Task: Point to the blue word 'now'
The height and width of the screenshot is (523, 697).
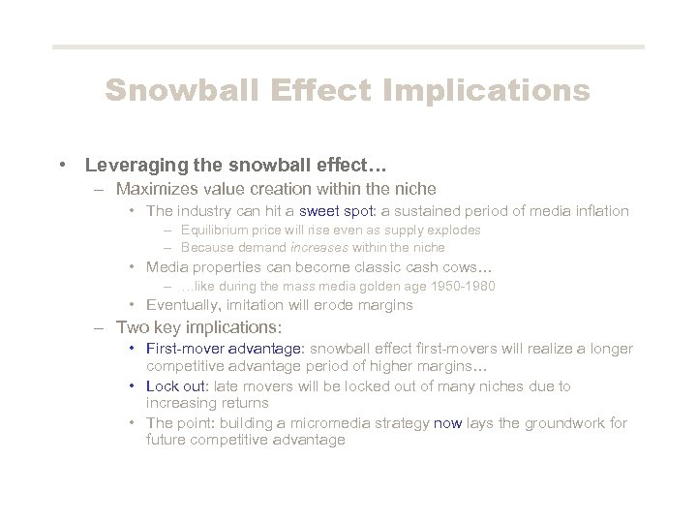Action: [450, 423]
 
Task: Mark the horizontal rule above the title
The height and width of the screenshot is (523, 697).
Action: [348, 46]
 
